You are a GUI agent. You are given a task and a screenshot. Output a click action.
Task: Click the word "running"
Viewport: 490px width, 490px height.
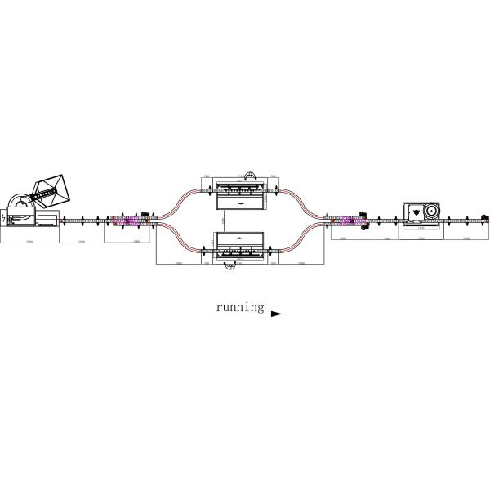[239, 307]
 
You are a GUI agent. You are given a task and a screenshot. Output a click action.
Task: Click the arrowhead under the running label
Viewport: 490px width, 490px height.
[275, 314]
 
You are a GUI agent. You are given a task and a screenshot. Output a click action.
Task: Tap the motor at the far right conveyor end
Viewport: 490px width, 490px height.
[484, 218]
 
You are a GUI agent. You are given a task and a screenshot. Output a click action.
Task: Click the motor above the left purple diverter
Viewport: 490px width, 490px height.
[145, 215]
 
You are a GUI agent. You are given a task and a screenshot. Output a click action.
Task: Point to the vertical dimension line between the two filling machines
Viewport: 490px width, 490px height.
[223, 220]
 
